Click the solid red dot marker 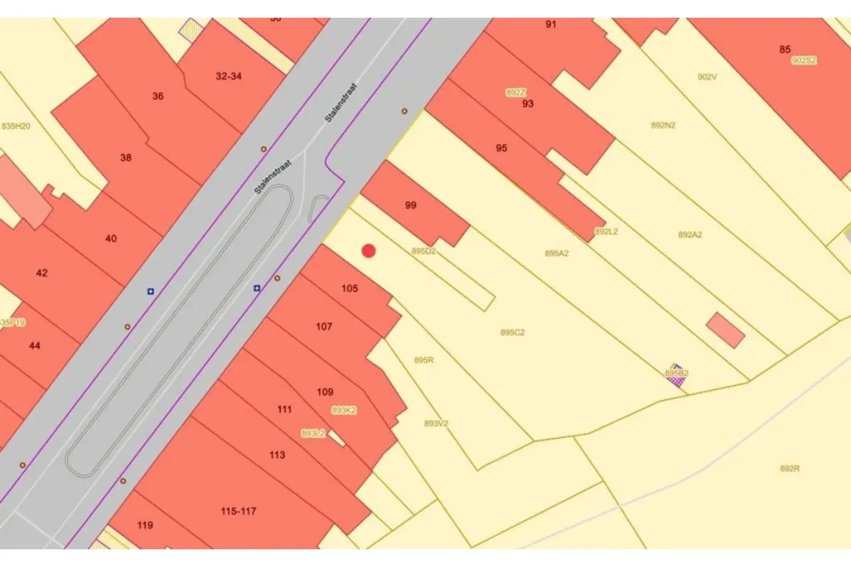pos(369,250)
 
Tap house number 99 pos(411,206)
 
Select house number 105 pos(350,288)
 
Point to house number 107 pos(324,327)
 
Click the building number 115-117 pos(238,511)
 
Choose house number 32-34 pos(228,76)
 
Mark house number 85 pos(784,50)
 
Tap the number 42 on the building pos(42,273)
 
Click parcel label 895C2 pos(512,332)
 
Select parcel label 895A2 pos(557,253)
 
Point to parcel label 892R pos(789,468)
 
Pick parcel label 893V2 pos(436,423)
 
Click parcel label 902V pos(707,77)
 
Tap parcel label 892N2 pos(663,125)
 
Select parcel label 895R pos(423,360)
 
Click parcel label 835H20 pos(16,126)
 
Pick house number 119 pos(145,525)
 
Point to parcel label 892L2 pos(606,232)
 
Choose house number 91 pos(551,25)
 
